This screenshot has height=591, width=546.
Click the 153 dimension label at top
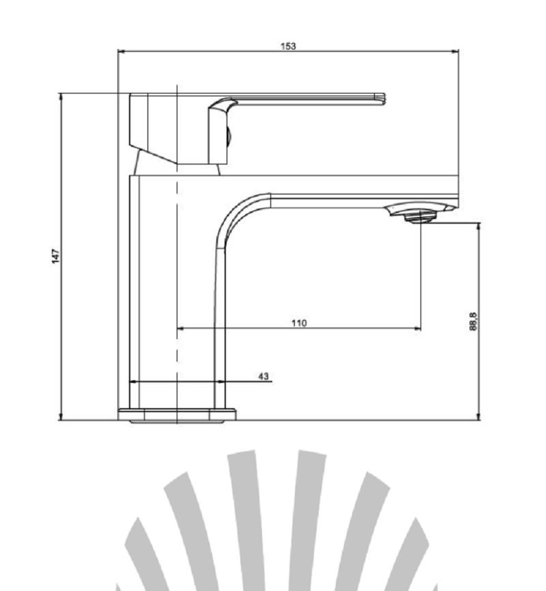pyautogui.click(x=288, y=46)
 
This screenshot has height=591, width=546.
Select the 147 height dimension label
pyautogui.click(x=55, y=256)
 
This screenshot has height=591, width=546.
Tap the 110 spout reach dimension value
pyautogui.click(x=299, y=323)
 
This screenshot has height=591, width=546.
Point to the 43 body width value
pyautogui.click(x=263, y=376)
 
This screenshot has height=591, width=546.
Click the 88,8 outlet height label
pyautogui.click(x=473, y=321)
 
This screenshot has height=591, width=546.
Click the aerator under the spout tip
pyautogui.click(x=419, y=218)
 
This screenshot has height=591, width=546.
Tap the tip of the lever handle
pyautogui.click(x=384, y=99)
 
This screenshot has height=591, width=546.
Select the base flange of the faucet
pyautogui.click(x=177, y=415)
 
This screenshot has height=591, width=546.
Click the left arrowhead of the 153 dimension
pyautogui.click(x=121, y=51)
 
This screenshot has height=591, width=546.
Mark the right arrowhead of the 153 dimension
pyautogui.click(x=455, y=51)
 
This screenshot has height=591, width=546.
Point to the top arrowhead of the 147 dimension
pyautogui.click(x=61, y=96)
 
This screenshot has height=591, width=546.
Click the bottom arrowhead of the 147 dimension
pyautogui.click(x=61, y=416)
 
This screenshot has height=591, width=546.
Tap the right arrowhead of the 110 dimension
pyautogui.click(x=418, y=329)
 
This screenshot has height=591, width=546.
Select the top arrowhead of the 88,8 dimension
pyautogui.click(x=479, y=227)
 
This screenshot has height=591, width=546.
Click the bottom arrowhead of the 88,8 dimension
pyautogui.click(x=479, y=416)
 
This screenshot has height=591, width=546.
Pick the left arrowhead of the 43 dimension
pyautogui.click(x=133, y=381)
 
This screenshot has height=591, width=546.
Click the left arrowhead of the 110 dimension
pyautogui.click(x=181, y=329)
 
